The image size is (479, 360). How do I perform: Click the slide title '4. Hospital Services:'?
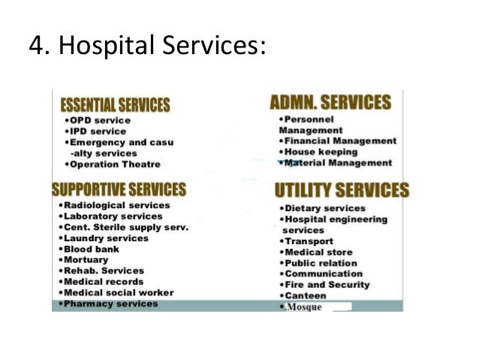[x=147, y=46]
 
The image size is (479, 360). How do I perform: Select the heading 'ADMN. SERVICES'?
[x=330, y=102]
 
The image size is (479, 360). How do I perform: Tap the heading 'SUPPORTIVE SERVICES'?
[x=118, y=188]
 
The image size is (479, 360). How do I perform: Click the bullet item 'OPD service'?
[x=100, y=120]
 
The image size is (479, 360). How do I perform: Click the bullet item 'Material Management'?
[x=337, y=162]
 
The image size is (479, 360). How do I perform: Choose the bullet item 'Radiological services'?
[x=116, y=205]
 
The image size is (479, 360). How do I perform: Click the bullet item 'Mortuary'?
[x=86, y=259]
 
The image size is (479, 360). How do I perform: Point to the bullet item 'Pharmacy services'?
[x=110, y=304]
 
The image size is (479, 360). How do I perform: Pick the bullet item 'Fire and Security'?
[x=326, y=285]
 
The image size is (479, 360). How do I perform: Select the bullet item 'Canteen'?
[x=305, y=296]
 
